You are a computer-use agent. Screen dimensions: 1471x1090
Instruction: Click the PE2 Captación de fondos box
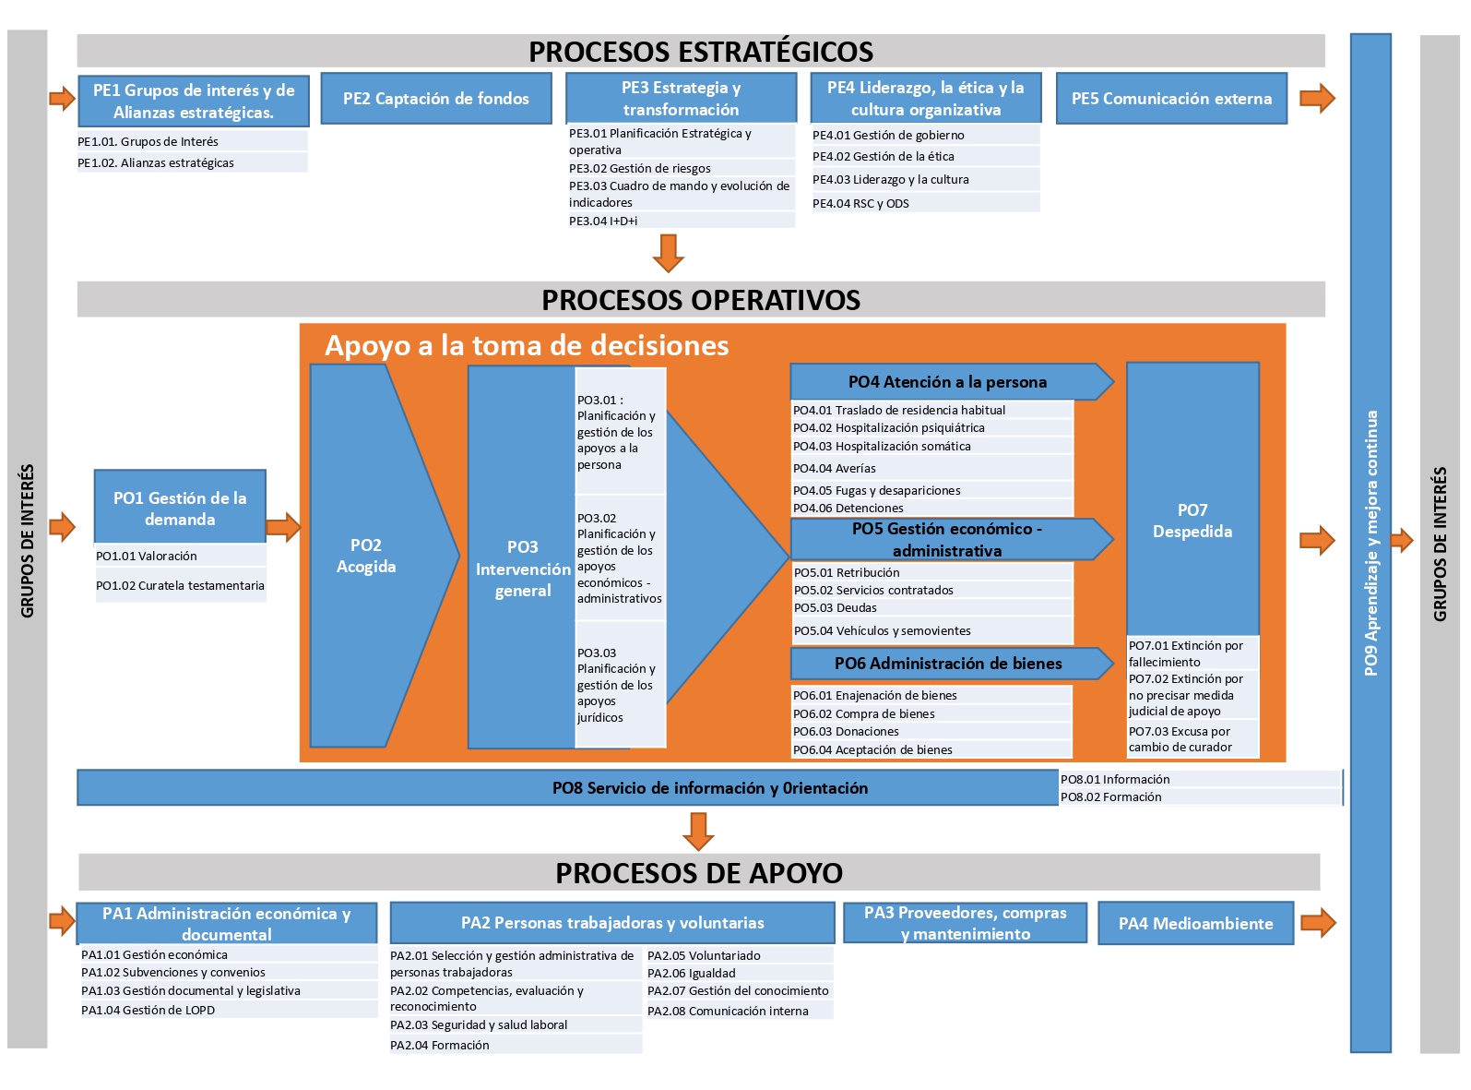click(x=435, y=98)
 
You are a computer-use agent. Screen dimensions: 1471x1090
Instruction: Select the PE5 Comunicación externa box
click(x=1171, y=98)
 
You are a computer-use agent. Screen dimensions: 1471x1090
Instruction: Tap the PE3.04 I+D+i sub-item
click(x=603, y=222)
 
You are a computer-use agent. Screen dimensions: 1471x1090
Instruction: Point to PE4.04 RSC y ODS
click(x=860, y=203)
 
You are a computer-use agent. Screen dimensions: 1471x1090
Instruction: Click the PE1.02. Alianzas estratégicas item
click(x=156, y=162)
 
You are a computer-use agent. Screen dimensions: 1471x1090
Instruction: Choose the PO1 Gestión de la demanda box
click(x=180, y=507)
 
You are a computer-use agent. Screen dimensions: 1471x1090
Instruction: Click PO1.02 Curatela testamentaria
click(x=180, y=585)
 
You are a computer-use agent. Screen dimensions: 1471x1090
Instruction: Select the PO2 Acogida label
click(x=366, y=556)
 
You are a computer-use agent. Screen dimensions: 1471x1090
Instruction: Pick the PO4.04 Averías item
click(x=835, y=468)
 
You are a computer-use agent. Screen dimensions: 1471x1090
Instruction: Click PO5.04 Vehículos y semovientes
click(x=882, y=630)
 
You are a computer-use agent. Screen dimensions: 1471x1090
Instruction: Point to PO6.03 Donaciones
click(x=846, y=732)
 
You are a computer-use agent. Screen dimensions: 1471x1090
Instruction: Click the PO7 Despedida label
click(x=1192, y=521)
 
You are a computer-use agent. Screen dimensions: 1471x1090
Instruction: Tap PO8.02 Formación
click(x=1111, y=797)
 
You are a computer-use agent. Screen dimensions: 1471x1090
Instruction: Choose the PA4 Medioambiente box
click(x=1196, y=923)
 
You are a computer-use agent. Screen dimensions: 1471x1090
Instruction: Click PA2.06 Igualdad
click(x=691, y=973)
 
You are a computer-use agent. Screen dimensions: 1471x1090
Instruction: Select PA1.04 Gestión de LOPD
click(x=148, y=1010)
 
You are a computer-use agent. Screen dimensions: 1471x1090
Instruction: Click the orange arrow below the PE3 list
click(x=669, y=253)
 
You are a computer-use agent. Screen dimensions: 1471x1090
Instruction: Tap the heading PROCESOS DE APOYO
click(x=699, y=873)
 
